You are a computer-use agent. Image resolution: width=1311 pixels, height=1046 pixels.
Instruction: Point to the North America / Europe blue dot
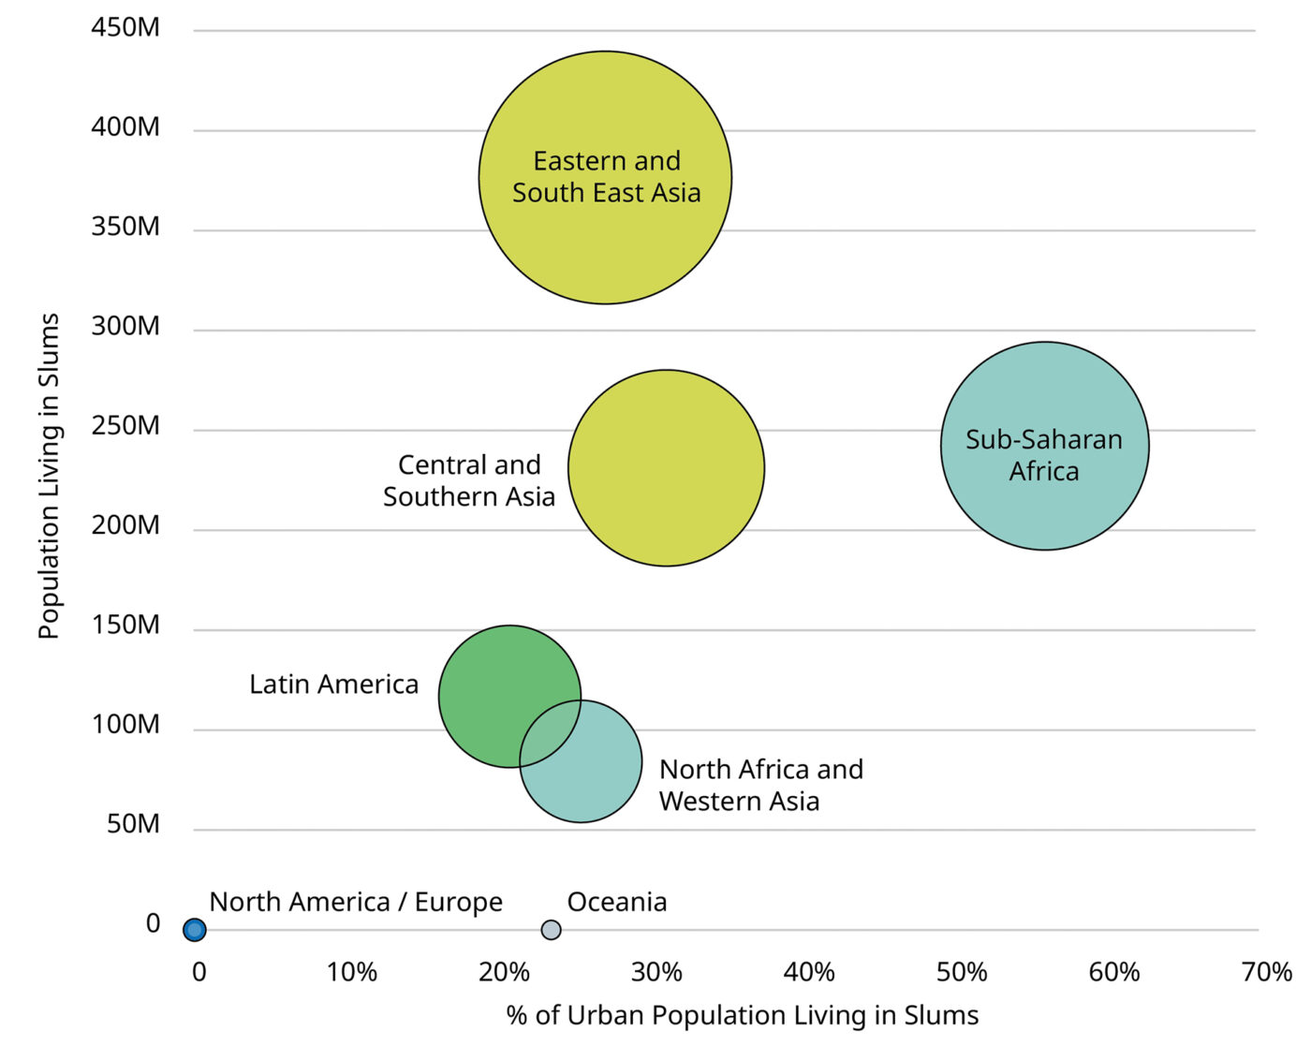click(194, 930)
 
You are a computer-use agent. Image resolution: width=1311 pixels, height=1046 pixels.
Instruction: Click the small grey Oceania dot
click(552, 930)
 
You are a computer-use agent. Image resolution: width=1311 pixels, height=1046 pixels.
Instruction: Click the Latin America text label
click(333, 685)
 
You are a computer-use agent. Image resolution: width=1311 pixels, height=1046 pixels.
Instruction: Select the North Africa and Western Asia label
click(760, 785)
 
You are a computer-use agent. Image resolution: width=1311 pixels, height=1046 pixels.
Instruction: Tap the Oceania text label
click(617, 902)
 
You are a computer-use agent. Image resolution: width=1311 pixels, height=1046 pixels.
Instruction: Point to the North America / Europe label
click(356, 902)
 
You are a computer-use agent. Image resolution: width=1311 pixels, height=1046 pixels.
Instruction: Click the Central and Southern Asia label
click(469, 480)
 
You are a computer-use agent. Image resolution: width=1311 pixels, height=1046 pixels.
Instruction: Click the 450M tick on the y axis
click(125, 28)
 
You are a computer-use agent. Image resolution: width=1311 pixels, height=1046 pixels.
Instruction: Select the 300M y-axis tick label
click(125, 327)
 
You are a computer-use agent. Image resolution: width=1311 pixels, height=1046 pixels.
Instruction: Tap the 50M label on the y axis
click(133, 824)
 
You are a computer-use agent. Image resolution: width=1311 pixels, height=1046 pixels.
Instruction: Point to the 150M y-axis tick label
click(125, 626)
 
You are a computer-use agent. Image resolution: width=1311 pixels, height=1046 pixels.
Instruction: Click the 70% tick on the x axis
click(1266, 972)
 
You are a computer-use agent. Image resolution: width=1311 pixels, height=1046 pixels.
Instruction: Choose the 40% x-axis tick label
click(809, 972)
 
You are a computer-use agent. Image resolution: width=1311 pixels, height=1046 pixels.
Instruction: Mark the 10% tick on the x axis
click(351, 972)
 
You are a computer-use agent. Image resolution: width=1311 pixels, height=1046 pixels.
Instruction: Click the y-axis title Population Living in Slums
click(49, 476)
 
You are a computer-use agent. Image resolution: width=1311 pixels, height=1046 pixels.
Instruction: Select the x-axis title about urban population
click(742, 1015)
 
